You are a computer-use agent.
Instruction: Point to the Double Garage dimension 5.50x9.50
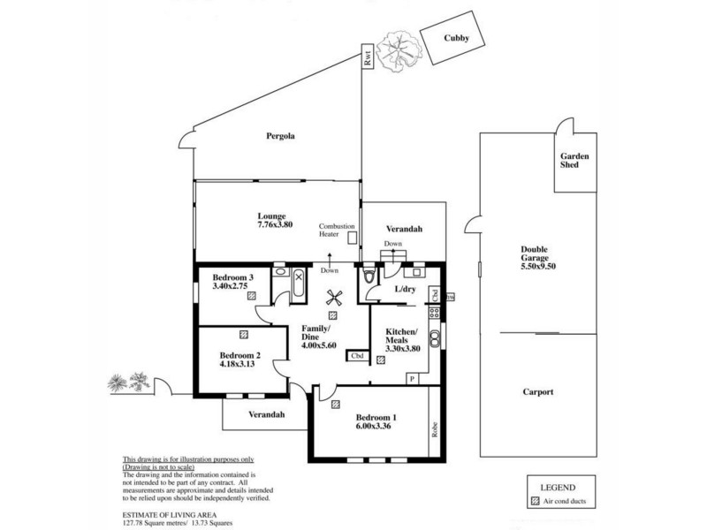click(542, 265)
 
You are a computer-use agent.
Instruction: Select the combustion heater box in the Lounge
click(351, 238)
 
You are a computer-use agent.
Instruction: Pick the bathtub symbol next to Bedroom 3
click(299, 285)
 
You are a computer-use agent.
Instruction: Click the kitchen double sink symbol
click(434, 337)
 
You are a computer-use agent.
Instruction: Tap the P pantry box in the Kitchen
click(412, 379)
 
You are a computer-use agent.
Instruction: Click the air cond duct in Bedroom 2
click(242, 335)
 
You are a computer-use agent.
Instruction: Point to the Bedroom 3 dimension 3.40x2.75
click(232, 288)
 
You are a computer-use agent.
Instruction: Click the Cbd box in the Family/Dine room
click(357, 356)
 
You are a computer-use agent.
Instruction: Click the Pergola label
click(280, 137)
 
